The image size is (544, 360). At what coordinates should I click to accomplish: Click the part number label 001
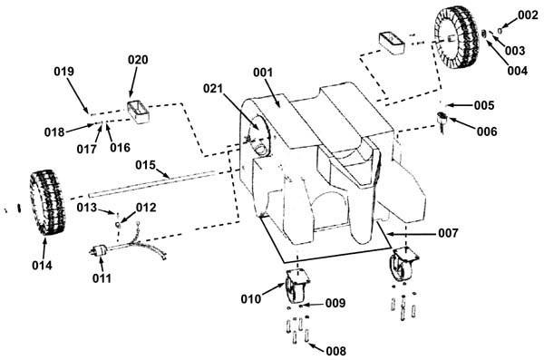[x=263, y=73]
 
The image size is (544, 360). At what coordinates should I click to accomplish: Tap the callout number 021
[x=213, y=89]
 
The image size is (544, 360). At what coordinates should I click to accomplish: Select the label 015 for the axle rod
[x=145, y=165]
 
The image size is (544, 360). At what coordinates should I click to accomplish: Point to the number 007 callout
[x=448, y=233]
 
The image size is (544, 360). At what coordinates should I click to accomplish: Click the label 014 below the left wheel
[x=42, y=265]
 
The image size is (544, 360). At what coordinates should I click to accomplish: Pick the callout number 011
[x=102, y=278]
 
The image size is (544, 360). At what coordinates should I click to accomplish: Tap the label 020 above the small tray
[x=138, y=60]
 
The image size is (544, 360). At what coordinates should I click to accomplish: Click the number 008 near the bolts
[x=335, y=351]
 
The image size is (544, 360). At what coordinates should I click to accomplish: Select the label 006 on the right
[x=487, y=131]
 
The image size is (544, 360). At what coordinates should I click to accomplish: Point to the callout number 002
[x=528, y=15]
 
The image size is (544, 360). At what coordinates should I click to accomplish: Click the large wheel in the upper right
[x=457, y=37]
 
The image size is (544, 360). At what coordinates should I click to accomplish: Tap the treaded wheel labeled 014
[x=47, y=202]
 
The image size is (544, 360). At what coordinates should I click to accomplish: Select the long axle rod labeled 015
[x=152, y=183]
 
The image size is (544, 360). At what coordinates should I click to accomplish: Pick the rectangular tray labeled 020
[x=138, y=112]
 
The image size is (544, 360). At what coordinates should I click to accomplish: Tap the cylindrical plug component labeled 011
[x=100, y=250]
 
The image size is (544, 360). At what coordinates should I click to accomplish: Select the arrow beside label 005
[x=458, y=105]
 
